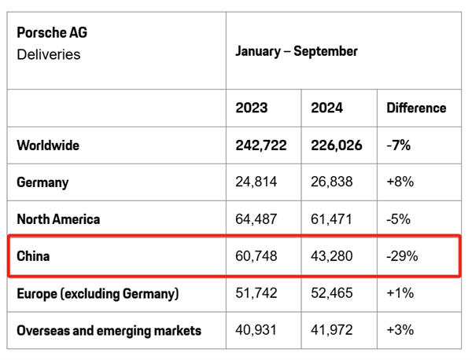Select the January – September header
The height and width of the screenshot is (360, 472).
tap(297, 51)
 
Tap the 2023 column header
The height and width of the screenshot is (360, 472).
tap(251, 108)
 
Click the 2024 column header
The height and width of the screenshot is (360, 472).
tap(326, 108)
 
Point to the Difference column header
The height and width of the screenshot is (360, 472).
tap(416, 108)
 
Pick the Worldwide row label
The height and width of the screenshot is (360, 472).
tap(48, 145)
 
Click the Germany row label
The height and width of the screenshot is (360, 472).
tap(42, 182)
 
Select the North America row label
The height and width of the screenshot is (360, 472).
tap(58, 219)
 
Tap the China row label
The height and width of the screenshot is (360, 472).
tap(33, 256)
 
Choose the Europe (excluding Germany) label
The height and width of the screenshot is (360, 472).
tap(98, 293)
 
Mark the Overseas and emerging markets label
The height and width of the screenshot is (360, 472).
tap(109, 330)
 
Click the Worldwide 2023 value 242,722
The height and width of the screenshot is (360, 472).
tap(260, 145)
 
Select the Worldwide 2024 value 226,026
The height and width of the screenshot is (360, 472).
tap(337, 145)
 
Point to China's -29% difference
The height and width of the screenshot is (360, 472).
tap(402, 256)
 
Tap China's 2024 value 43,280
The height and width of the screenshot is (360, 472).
tap(332, 256)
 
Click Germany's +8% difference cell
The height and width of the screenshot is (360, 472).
tap(400, 182)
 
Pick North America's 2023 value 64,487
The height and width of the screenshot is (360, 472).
tap(256, 219)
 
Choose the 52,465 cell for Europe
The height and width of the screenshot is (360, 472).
tap(332, 293)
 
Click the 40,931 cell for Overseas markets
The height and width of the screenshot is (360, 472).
tap(256, 330)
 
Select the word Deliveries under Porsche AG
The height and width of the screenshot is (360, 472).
tap(48, 54)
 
